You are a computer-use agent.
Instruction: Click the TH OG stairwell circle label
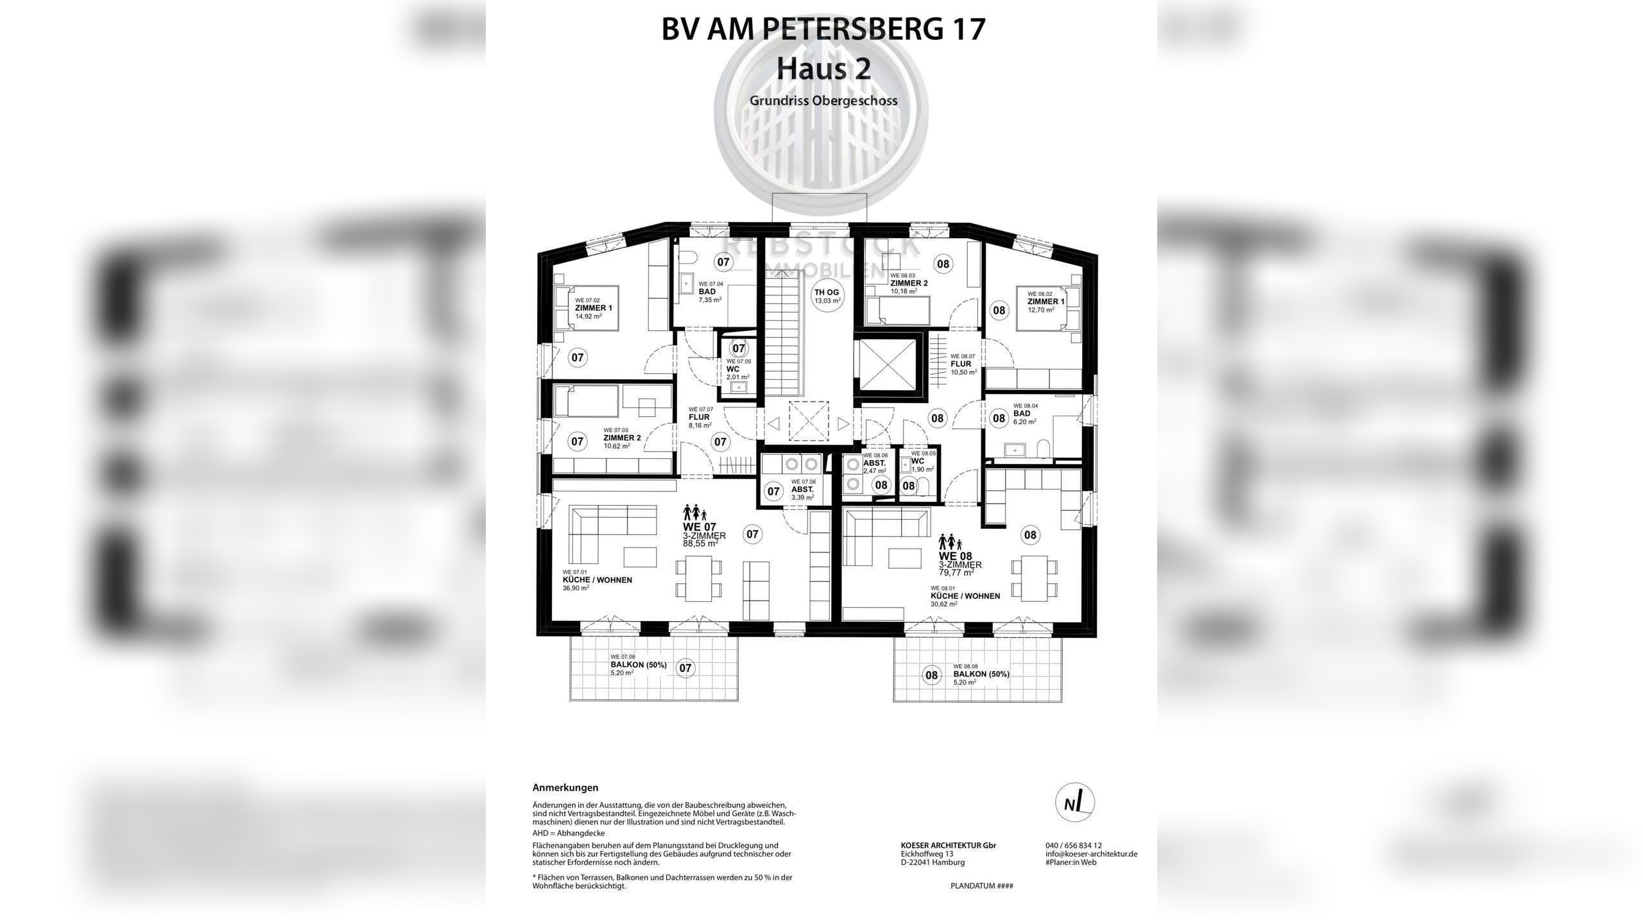point(827,296)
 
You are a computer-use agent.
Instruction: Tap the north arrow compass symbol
point(1075,803)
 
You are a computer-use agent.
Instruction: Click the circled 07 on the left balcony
point(685,668)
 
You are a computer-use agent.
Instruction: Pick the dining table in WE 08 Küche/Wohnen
point(1034,578)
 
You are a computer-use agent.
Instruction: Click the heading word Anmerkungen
point(565,787)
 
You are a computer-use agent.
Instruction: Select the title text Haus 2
point(823,69)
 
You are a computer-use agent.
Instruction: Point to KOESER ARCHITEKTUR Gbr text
point(948,846)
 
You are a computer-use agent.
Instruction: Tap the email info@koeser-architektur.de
point(1091,854)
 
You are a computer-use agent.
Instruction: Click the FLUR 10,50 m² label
point(963,364)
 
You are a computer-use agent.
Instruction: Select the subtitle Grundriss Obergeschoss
point(823,101)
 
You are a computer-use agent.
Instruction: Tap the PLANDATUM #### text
point(981,886)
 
